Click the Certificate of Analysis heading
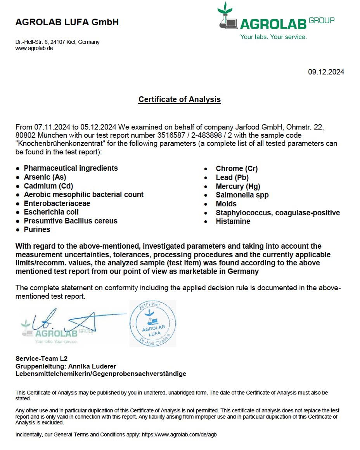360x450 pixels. pyautogui.click(x=180, y=99)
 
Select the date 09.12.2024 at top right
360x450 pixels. pyautogui.click(x=326, y=72)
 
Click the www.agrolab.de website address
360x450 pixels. pyautogui.click(x=34, y=48)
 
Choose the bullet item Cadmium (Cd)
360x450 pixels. pyautogui.click(x=48, y=186)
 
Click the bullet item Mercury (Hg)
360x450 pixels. pyautogui.click(x=238, y=186)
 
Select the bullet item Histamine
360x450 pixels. pyautogui.click(x=233, y=222)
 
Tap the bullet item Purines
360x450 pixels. pyautogui.click(x=37, y=230)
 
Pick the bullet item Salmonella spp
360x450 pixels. pyautogui.click(x=242, y=195)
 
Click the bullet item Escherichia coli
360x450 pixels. pyautogui.click(x=51, y=212)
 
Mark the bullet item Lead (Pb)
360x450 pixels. pyautogui.click(x=232, y=177)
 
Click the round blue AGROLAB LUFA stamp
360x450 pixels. pyautogui.click(x=153, y=323)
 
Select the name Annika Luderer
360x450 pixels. pyautogui.click(x=92, y=366)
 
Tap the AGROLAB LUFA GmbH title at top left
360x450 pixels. pyautogui.click(x=67, y=22)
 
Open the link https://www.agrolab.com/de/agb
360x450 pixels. pyautogui.click(x=179, y=434)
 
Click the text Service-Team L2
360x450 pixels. pyautogui.click(x=42, y=358)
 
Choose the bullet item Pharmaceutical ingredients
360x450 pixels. pyautogui.click(x=71, y=168)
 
